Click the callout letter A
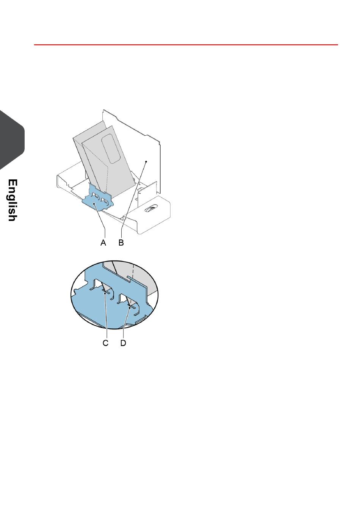click(103, 243)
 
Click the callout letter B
click(121, 243)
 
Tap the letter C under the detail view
click(106, 343)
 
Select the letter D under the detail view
click(124, 343)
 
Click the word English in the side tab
click(13, 200)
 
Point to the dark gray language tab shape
click(11, 140)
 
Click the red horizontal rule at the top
click(186, 45)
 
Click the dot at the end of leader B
click(146, 161)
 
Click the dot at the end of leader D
click(130, 308)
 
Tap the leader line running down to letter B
click(133, 201)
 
